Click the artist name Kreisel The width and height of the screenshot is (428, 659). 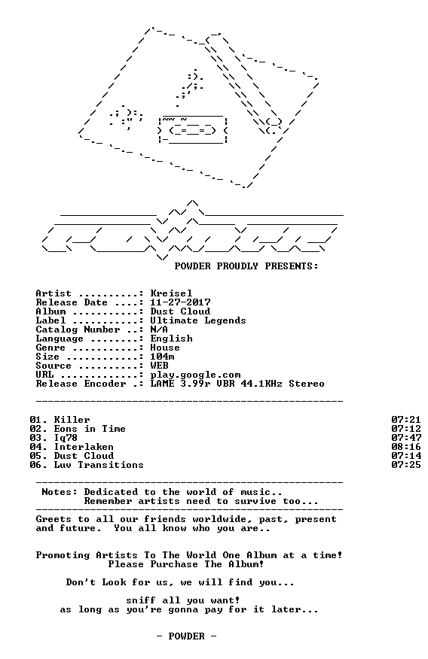(171, 293)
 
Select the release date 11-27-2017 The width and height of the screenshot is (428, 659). (181, 302)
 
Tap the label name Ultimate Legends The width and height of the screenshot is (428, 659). (198, 320)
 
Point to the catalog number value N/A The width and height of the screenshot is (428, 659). (159, 329)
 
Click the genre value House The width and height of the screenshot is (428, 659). (165, 348)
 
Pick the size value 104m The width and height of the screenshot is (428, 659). (163, 357)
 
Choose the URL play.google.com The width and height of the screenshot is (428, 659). (196, 375)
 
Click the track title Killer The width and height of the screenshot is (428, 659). (72, 420)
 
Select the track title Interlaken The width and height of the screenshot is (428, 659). (84, 447)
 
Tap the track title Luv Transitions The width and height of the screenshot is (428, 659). (99, 465)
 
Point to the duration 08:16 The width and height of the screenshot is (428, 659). (406, 447)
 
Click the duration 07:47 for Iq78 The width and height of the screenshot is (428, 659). (406, 438)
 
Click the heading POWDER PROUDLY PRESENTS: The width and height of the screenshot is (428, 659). (246, 266)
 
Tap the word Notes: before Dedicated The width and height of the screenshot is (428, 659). (60, 492)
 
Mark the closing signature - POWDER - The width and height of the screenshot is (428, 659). (186, 636)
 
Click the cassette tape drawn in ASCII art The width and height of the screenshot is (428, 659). (193, 129)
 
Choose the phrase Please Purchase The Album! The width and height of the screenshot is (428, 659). (186, 564)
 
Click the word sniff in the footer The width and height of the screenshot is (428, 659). (141, 600)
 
